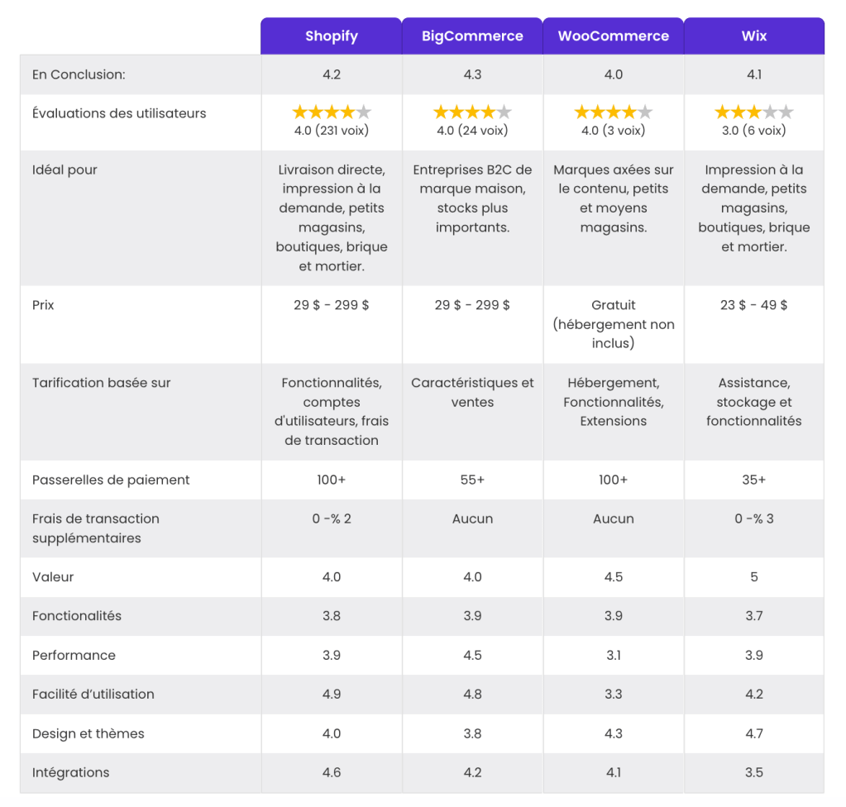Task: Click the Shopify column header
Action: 331,36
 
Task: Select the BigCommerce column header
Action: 472,36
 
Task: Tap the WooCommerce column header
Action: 613,36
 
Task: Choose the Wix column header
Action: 754,36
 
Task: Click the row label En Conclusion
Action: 79,74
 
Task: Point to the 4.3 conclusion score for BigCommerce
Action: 472,74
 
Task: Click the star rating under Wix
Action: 754,112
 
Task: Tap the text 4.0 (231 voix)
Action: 332,131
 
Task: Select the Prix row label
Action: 43,305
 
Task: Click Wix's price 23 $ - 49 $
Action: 754,305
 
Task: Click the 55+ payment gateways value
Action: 472,480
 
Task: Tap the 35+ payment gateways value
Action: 754,480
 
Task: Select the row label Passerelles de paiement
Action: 111,480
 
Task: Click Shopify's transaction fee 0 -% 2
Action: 332,518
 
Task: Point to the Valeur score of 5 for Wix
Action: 754,577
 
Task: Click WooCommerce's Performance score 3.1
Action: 614,655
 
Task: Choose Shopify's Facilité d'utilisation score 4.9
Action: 332,694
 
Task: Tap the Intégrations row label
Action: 70,772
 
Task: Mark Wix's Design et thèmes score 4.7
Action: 754,733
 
